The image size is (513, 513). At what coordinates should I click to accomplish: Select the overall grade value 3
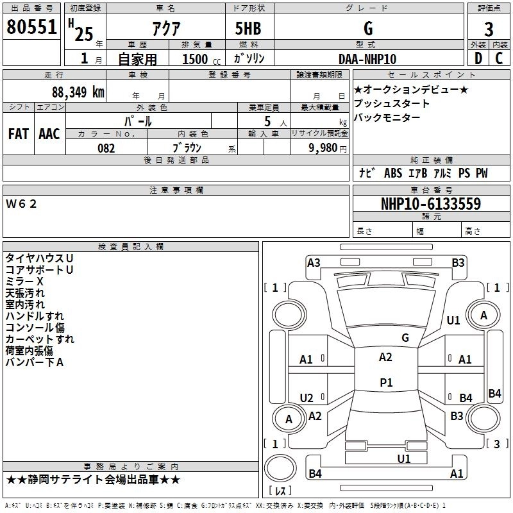[x=489, y=29]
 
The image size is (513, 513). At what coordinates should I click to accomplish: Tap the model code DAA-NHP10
[x=367, y=59]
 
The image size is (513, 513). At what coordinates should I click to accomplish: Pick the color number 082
[x=106, y=148]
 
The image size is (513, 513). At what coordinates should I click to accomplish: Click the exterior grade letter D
[x=478, y=59]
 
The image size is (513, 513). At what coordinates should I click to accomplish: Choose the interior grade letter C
[x=499, y=59]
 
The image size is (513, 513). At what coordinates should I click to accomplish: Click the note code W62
[x=22, y=204]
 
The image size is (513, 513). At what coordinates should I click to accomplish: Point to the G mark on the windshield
[x=405, y=337]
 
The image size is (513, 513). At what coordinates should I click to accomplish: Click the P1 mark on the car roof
[x=385, y=382]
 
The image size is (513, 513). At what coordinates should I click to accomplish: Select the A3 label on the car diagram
[x=314, y=262]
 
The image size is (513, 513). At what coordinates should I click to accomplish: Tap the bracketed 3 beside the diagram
[x=496, y=444]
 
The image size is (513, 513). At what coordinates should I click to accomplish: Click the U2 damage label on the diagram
[x=307, y=398]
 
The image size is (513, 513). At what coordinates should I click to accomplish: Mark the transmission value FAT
[x=19, y=134]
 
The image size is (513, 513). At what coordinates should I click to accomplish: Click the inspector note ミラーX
[x=24, y=282]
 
